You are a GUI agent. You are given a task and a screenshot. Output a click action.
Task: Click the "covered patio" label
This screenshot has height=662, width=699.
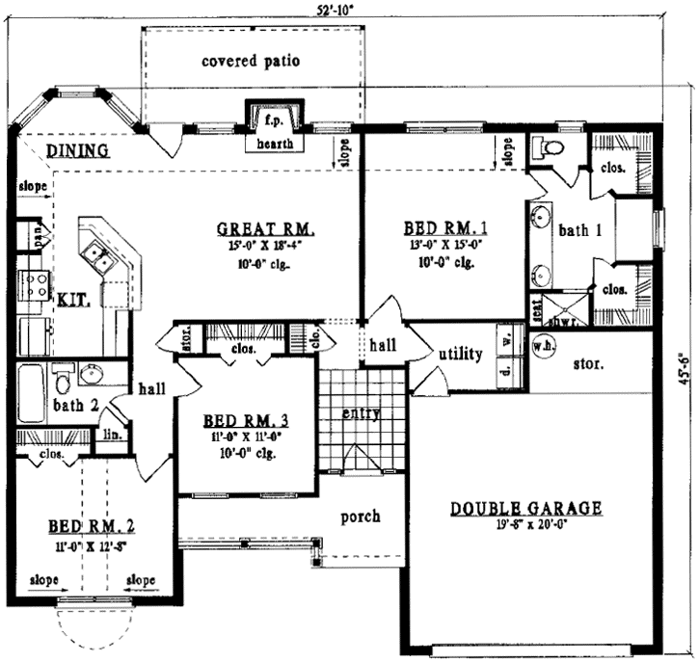point(251,61)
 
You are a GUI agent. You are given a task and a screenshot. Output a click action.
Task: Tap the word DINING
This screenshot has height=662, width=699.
point(77,151)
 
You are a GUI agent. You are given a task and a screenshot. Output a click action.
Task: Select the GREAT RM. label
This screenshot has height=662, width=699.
point(267,228)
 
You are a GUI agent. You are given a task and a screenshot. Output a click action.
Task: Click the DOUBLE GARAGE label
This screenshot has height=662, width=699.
point(526,508)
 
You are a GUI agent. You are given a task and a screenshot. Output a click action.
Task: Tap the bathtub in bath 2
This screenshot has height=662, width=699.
point(31,392)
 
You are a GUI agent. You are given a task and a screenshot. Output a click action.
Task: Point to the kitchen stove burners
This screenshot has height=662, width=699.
point(36,284)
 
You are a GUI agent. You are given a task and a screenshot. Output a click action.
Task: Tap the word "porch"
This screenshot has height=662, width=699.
point(361,516)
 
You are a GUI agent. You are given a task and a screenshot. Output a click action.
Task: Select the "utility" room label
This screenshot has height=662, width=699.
point(461,355)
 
